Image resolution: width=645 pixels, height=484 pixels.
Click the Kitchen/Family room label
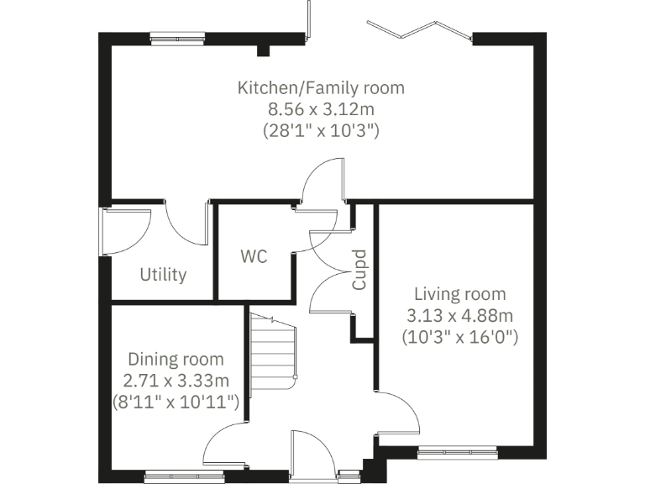[x=321, y=87]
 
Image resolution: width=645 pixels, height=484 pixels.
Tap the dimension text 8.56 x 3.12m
[x=321, y=108]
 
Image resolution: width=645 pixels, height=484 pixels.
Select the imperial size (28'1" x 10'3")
[x=321, y=130]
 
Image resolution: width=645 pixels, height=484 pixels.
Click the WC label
[x=254, y=256]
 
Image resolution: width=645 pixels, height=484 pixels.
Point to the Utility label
[x=163, y=275]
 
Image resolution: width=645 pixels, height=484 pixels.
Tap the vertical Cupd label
[x=359, y=269]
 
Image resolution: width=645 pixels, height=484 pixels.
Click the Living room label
[x=459, y=294]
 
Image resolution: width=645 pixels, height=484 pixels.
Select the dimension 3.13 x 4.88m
[x=459, y=316]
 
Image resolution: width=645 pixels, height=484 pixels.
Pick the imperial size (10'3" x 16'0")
[x=459, y=338]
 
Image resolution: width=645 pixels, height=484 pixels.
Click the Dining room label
[x=176, y=360]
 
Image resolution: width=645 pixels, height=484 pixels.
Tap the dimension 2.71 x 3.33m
[x=176, y=381]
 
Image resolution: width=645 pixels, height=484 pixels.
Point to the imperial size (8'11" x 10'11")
[x=176, y=402]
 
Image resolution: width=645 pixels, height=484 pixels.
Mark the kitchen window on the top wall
[x=177, y=38]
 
